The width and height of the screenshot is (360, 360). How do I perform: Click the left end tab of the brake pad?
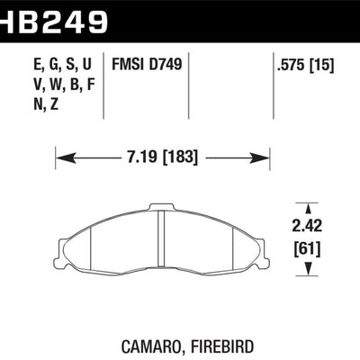tap(62, 236)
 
